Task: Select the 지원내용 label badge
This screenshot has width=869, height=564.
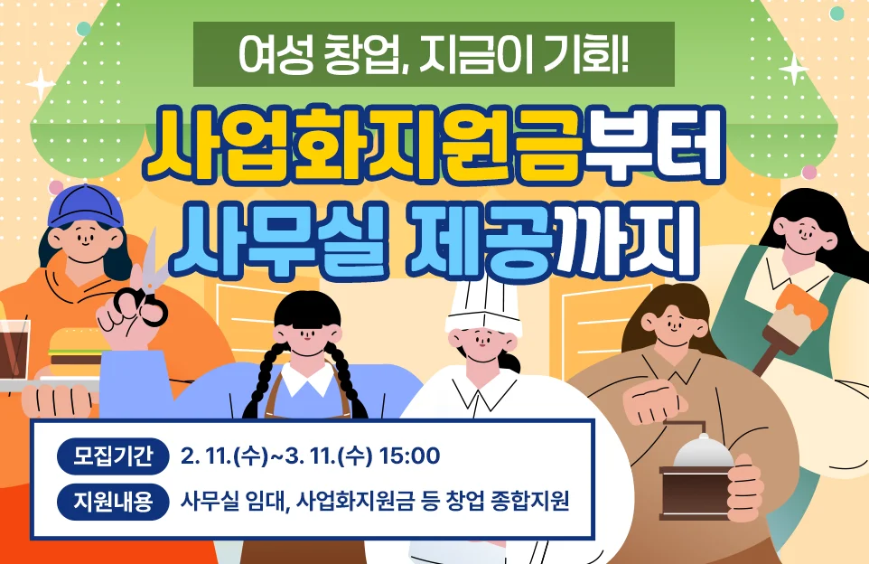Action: click(113, 500)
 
